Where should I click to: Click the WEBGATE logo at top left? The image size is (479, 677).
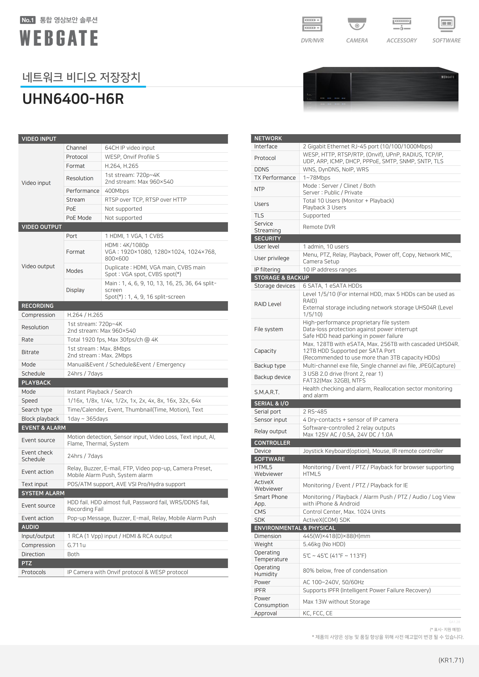(x=59, y=38)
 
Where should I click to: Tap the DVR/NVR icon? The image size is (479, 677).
(x=312, y=24)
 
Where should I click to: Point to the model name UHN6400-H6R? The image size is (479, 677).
(x=73, y=99)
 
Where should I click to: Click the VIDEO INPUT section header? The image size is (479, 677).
(x=39, y=139)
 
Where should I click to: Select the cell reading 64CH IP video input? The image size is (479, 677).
(x=130, y=148)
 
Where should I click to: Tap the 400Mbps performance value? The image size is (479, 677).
(x=117, y=191)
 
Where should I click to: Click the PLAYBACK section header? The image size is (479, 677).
(x=36, y=383)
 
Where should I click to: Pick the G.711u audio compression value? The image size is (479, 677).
(x=76, y=545)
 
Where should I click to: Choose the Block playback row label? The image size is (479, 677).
(x=40, y=419)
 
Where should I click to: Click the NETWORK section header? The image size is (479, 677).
(x=268, y=138)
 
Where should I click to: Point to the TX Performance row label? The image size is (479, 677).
(x=275, y=178)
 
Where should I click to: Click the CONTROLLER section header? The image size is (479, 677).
(x=272, y=443)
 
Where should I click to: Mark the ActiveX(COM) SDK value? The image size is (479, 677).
(x=326, y=520)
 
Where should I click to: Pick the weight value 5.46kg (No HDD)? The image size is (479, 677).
(x=324, y=544)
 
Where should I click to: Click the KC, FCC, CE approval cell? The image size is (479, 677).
(x=317, y=613)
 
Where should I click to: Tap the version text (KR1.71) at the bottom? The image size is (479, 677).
(x=451, y=660)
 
